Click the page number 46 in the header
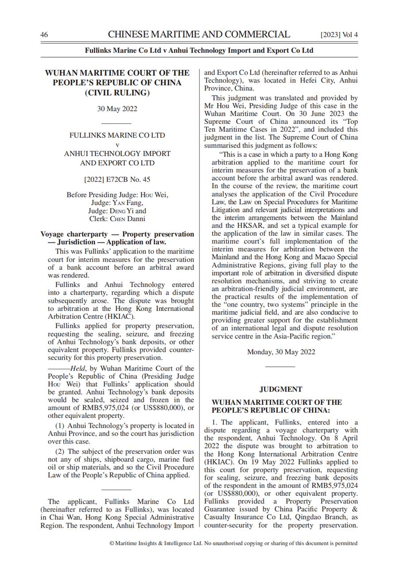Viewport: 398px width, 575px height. [x=44, y=35]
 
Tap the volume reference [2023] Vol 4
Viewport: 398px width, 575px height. [x=339, y=35]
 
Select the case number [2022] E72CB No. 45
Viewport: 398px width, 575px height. [x=117, y=180]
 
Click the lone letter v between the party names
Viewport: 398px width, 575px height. [x=117, y=145]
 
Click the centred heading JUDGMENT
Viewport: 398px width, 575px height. [x=281, y=389]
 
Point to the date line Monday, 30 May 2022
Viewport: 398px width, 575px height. [x=281, y=352]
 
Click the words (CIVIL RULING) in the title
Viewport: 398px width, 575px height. [x=117, y=93]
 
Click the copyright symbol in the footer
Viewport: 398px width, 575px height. [x=112, y=543]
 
